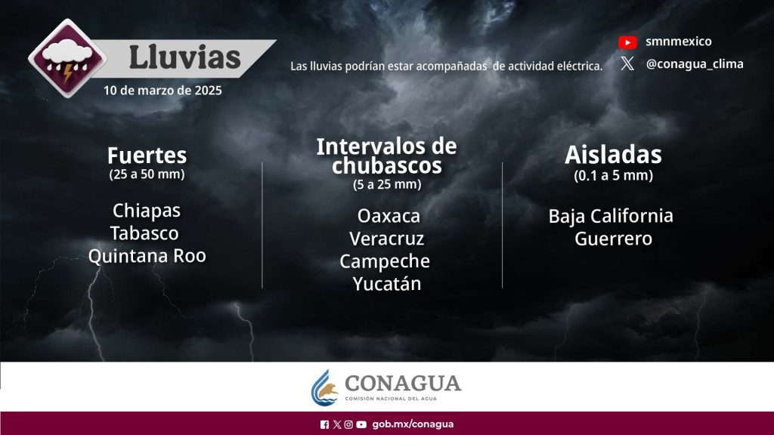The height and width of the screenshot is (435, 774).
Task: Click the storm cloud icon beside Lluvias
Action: pyautogui.click(x=67, y=58)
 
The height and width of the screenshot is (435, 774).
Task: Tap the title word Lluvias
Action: pyautogui.click(x=184, y=57)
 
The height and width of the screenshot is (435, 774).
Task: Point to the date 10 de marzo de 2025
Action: pyautogui.click(x=163, y=91)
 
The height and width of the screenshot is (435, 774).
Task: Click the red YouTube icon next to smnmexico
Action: pyautogui.click(x=627, y=42)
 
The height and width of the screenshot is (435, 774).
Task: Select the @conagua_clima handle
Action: pyautogui.click(x=695, y=64)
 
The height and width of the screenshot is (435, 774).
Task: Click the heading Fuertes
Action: pyautogui.click(x=147, y=156)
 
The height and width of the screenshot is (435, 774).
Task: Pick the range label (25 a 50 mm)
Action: pyautogui.click(x=147, y=174)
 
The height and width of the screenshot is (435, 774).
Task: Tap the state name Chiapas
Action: pyautogui.click(x=147, y=211)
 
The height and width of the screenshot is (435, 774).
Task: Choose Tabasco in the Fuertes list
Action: pyautogui.click(x=144, y=233)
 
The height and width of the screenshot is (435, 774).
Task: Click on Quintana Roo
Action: pyautogui.click(x=147, y=256)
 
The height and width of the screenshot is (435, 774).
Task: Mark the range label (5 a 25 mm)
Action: pyautogui.click(x=387, y=184)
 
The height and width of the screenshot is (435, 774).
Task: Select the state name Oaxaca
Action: pyautogui.click(x=389, y=216)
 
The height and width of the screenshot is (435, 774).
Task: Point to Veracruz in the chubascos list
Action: pyautogui.click(x=387, y=239)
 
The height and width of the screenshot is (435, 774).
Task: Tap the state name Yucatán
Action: pyautogui.click(x=387, y=284)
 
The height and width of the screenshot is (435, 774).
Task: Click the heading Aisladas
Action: pyautogui.click(x=613, y=155)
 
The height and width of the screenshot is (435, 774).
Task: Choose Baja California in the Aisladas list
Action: pyautogui.click(x=611, y=216)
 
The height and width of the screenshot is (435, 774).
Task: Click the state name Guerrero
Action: pyautogui.click(x=614, y=239)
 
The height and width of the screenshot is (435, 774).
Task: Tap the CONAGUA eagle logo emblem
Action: pyautogui.click(x=324, y=388)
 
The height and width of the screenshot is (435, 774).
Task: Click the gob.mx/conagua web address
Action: pyautogui.click(x=413, y=424)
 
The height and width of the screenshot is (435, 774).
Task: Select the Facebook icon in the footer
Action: pyautogui.click(x=324, y=424)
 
